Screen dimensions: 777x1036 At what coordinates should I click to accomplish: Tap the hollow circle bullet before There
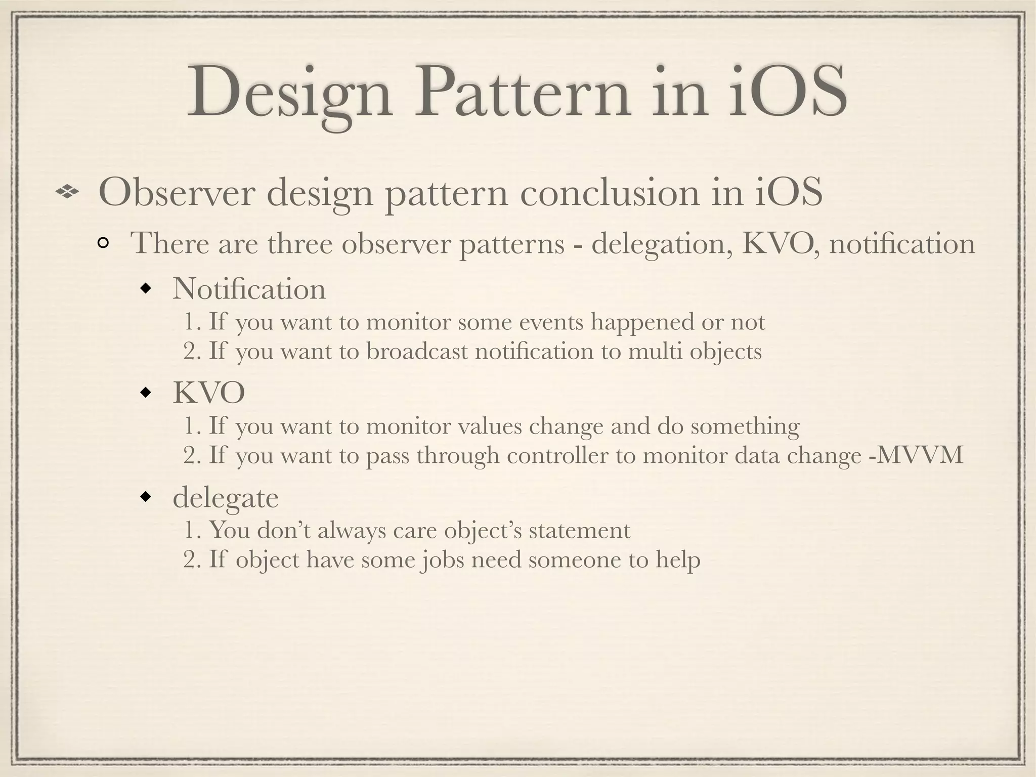[x=103, y=244]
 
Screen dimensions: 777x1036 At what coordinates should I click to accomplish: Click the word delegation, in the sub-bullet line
[x=662, y=244]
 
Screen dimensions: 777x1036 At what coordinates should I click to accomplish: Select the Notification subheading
[x=249, y=289]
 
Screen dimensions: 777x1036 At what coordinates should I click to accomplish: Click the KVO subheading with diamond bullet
[x=209, y=393]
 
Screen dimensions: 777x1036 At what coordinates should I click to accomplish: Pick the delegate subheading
[x=226, y=498]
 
